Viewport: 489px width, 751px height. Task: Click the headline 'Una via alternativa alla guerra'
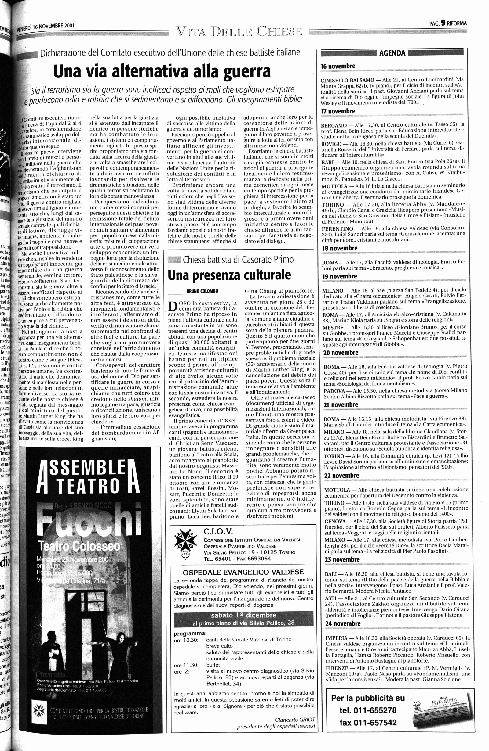pyautogui.click(x=162, y=71)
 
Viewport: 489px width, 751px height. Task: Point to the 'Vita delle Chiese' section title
pyautogui.click(x=239, y=32)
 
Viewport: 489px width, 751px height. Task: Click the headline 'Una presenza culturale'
pyautogui.click(x=229, y=275)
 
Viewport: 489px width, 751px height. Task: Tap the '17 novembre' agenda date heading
pyautogui.click(x=338, y=111)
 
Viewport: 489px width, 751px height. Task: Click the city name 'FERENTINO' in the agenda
pyautogui.click(x=338, y=228)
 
